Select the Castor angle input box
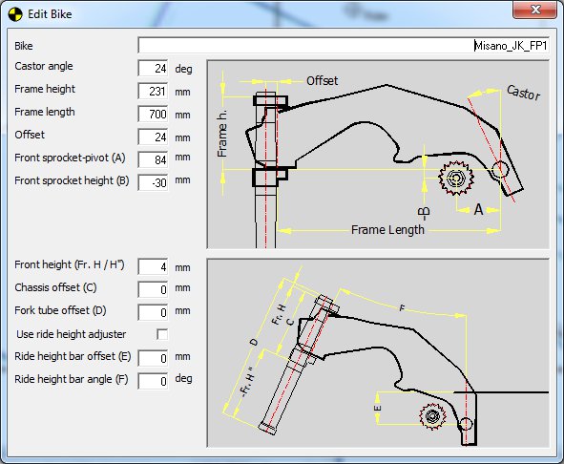[x=154, y=68]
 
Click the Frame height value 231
[x=154, y=91]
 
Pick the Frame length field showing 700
[x=154, y=114]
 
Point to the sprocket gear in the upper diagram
[x=452, y=178]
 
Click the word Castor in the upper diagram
[x=522, y=94]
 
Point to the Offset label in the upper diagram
[x=323, y=80]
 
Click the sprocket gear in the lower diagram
[x=432, y=415]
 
